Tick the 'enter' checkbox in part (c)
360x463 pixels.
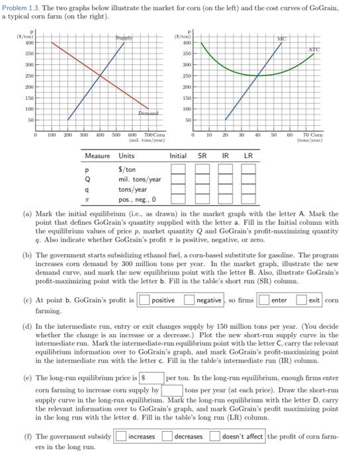(x=263, y=300)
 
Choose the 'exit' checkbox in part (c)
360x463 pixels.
(x=302, y=300)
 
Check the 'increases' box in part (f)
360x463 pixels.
(x=120, y=436)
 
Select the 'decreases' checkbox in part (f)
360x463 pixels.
(x=168, y=436)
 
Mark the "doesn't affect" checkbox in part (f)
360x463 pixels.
(x=215, y=436)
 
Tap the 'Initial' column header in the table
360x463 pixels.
(x=177, y=155)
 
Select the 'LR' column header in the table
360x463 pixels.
(x=248, y=155)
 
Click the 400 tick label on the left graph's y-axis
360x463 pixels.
(x=28, y=42)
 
